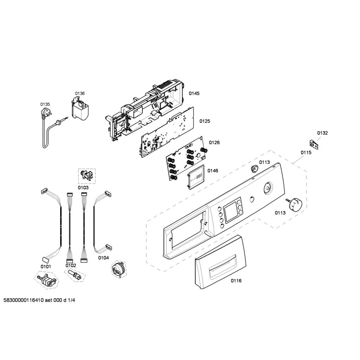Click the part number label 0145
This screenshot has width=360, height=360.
click(x=194, y=94)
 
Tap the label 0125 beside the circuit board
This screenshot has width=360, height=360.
click(x=205, y=121)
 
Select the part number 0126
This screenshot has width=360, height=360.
click(x=214, y=143)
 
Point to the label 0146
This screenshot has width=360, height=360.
click(x=213, y=171)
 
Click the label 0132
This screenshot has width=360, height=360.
click(x=322, y=133)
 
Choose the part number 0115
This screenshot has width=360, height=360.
click(x=306, y=153)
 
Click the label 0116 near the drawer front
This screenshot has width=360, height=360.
click(x=236, y=281)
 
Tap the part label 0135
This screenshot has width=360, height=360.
click(x=45, y=104)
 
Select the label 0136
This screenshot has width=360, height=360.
click(x=80, y=94)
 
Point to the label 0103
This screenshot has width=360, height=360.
click(x=83, y=188)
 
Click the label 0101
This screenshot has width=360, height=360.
click(x=46, y=266)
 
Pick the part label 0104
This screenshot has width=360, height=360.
click(x=103, y=258)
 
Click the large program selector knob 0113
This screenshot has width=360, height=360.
click(x=295, y=204)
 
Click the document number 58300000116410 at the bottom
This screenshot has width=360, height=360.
click(x=24, y=301)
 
